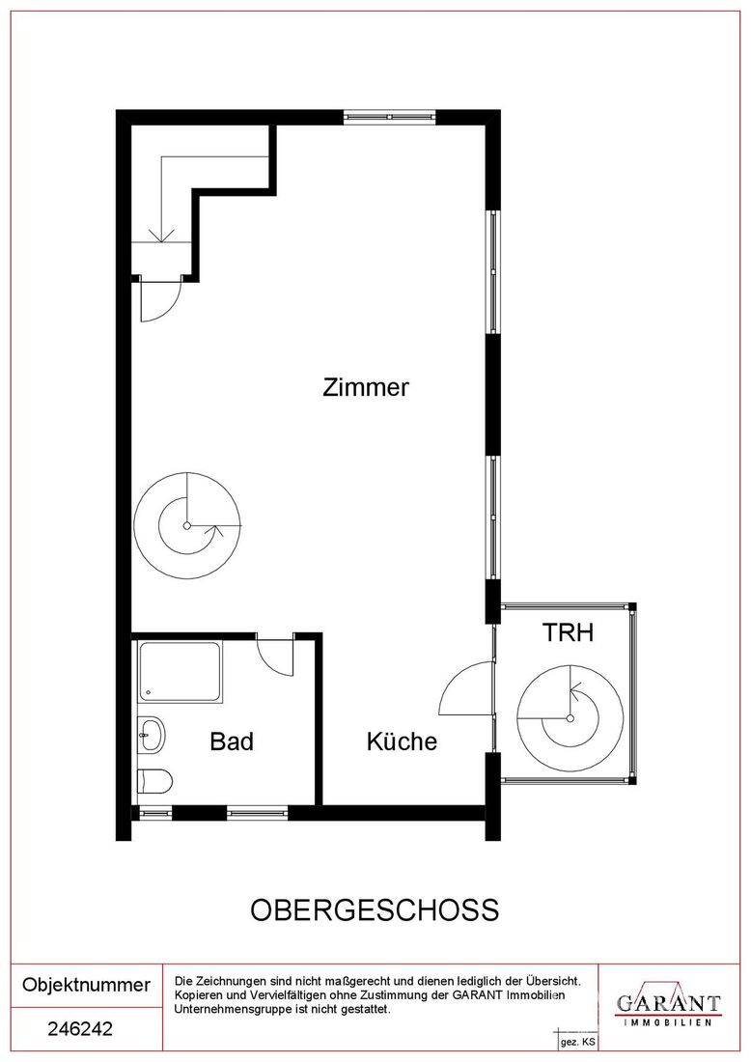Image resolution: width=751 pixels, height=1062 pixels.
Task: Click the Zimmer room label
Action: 366,387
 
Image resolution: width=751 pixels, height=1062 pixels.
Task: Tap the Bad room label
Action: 232,741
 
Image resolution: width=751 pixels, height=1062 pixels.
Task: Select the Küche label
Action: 402,741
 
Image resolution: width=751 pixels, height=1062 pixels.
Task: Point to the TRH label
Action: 568,632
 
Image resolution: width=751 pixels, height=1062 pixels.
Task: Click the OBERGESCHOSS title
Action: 375,910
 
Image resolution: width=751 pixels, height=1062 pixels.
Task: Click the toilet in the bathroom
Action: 155,781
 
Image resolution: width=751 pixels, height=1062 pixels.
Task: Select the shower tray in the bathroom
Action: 180,673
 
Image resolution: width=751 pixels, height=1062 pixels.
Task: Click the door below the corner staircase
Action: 161,300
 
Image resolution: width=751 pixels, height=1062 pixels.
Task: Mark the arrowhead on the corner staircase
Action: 161,235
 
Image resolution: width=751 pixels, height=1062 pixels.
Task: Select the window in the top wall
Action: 389,117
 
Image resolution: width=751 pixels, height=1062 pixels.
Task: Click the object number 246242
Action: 80,1029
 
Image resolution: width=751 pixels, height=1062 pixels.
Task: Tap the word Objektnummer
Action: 87,985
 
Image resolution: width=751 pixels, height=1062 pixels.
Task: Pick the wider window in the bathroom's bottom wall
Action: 258,811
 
